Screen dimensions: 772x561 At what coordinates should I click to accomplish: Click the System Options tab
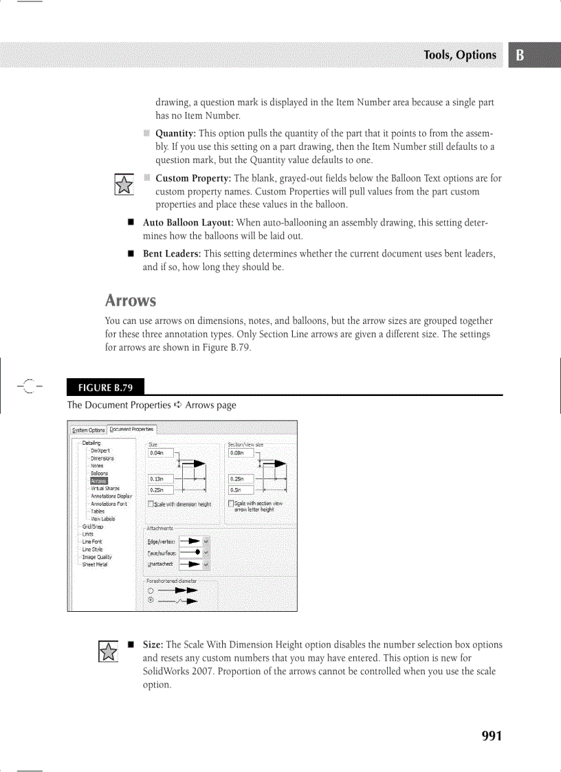pyautogui.click(x=89, y=430)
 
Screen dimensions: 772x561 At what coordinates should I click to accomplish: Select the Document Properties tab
pyautogui.click(x=133, y=429)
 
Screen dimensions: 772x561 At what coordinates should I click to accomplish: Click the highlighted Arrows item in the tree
pyautogui.click(x=99, y=481)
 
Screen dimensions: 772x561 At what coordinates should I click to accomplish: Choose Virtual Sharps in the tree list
pyautogui.click(x=105, y=489)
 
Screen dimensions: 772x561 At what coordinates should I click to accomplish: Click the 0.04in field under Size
pyautogui.click(x=160, y=452)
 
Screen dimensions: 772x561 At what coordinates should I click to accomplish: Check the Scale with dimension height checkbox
pyautogui.click(x=151, y=505)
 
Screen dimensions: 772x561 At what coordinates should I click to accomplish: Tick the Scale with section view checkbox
pyautogui.click(x=231, y=505)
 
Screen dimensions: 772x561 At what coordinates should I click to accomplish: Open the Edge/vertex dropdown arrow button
pyautogui.click(x=206, y=542)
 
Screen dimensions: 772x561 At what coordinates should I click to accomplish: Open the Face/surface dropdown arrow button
pyautogui.click(x=206, y=553)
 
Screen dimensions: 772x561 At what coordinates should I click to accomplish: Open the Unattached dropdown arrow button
pyautogui.click(x=206, y=564)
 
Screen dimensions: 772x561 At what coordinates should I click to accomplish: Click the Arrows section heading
pyautogui.click(x=130, y=300)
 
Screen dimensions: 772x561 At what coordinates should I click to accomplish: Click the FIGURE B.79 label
pyautogui.click(x=105, y=386)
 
